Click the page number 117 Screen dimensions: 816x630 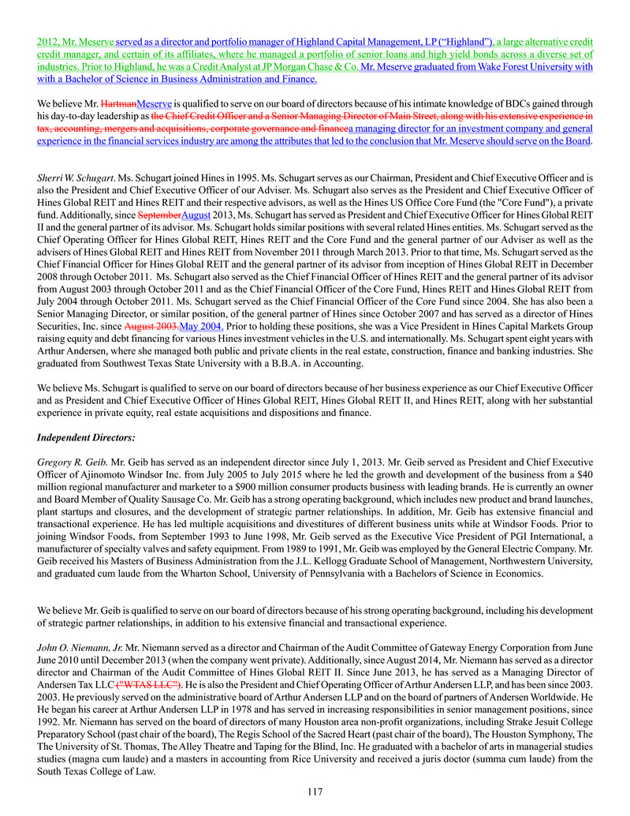pos(315,792)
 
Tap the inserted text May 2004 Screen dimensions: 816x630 pos(202,325)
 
